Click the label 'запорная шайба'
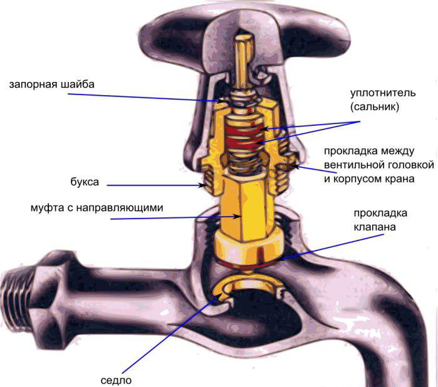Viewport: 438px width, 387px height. (x=52, y=85)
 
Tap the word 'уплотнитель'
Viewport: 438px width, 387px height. (x=383, y=93)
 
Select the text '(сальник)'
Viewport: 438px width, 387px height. (x=375, y=106)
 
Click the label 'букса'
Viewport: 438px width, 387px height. (x=85, y=182)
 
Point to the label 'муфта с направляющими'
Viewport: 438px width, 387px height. (x=97, y=208)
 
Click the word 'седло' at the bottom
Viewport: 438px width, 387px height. (x=116, y=380)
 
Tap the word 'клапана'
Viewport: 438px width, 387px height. (x=375, y=227)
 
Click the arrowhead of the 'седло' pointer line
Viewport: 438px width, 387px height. (x=220, y=296)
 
